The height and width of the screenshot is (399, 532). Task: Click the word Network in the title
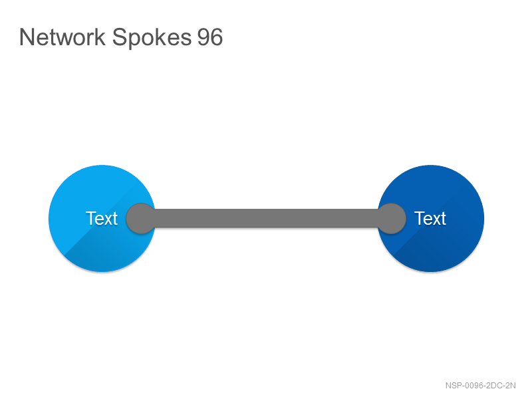click(x=63, y=37)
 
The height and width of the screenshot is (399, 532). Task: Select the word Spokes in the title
click(x=152, y=38)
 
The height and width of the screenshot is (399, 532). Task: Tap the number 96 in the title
click(x=210, y=37)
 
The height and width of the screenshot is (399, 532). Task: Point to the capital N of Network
click(x=27, y=37)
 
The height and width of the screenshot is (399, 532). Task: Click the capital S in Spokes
click(x=119, y=37)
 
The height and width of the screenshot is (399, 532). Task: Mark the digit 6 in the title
click(x=217, y=37)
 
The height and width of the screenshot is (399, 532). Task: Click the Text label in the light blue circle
click(x=102, y=218)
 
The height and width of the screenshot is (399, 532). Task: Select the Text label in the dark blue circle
click(x=430, y=218)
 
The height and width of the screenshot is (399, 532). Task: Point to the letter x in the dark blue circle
click(x=436, y=220)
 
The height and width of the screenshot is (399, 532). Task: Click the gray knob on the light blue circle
click(x=141, y=219)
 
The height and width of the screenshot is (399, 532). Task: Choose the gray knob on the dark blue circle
click(x=391, y=219)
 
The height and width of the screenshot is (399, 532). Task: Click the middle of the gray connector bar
click(x=266, y=218)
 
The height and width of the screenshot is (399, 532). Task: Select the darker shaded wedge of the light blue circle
click(x=112, y=247)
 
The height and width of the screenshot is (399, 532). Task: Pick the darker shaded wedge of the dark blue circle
click(x=441, y=247)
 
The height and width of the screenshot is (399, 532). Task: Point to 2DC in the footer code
click(x=493, y=386)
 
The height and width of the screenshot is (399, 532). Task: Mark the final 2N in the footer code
click(x=510, y=386)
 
